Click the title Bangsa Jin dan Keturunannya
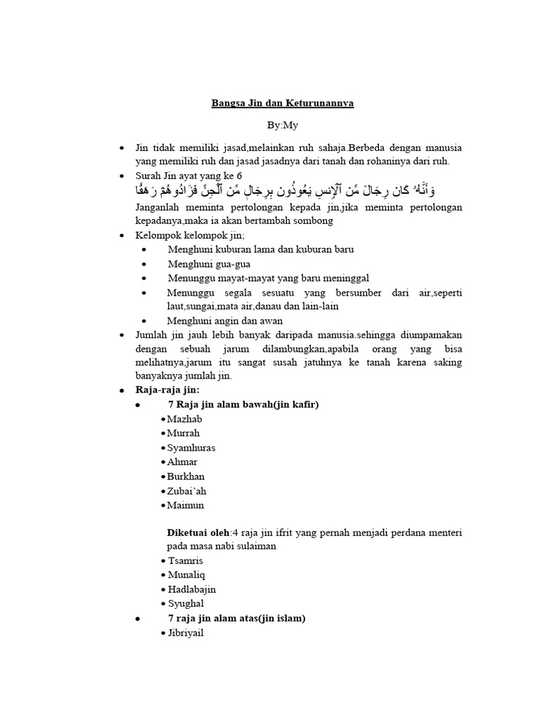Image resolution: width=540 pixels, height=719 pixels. coord(283,103)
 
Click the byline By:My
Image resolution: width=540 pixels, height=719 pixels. coord(283,125)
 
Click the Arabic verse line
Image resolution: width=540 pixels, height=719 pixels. coord(285,190)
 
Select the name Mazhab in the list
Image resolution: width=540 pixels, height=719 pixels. coord(185,418)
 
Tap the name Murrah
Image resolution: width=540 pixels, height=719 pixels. coord(184,433)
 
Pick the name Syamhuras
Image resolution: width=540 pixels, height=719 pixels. coord(191,447)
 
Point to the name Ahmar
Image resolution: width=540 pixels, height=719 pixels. coord(182,462)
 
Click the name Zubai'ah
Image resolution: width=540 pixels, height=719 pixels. coord(187,491)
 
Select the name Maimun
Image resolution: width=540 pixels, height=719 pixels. coord(186,505)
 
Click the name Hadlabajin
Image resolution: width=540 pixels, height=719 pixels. coord(192,589)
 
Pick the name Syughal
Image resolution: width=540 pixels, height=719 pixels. coord(186,603)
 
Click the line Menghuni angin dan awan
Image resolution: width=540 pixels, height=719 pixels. coord(224,321)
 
